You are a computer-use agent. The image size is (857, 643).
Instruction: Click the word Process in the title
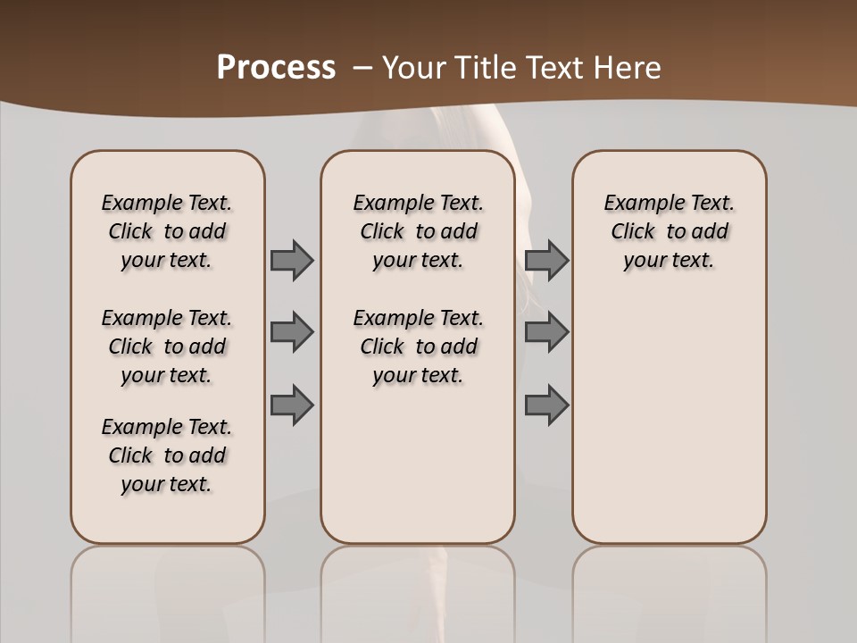[x=276, y=68]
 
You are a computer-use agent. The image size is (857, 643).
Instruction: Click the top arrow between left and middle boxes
[x=292, y=260]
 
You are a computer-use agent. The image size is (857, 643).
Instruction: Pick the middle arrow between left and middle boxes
[x=292, y=332]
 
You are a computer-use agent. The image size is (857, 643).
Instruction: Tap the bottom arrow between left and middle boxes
[x=292, y=405]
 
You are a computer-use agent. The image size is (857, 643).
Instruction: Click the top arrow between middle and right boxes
[x=546, y=260]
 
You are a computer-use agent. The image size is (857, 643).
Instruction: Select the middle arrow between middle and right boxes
[x=546, y=332]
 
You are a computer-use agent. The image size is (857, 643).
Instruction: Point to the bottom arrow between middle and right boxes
[x=546, y=405]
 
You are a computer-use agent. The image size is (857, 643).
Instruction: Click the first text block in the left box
[x=167, y=231]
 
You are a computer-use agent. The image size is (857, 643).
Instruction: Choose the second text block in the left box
[x=167, y=347]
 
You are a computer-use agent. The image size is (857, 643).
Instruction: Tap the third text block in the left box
[x=167, y=455]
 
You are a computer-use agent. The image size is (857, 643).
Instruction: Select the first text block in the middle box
[x=418, y=231]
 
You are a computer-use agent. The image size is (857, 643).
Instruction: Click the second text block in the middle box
[x=418, y=347]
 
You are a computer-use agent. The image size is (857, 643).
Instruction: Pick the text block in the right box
[x=670, y=231]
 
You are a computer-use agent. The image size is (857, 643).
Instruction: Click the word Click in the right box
[x=633, y=231]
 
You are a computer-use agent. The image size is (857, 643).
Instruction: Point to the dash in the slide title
[x=363, y=68]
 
